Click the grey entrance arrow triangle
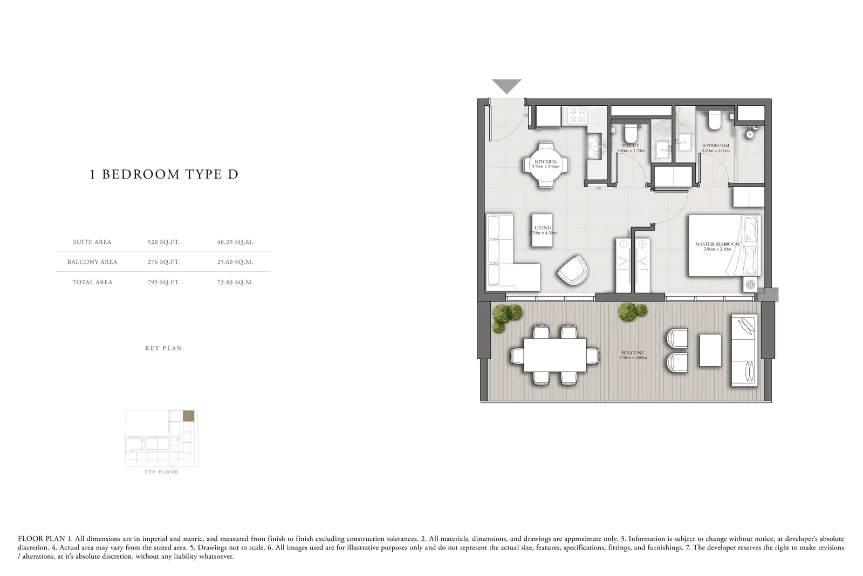click(506, 86)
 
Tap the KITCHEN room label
click(545, 162)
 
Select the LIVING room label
click(543, 228)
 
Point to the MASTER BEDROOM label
click(717, 244)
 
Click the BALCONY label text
click(633, 353)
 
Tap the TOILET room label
click(631, 146)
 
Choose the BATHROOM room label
click(716, 146)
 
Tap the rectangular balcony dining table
click(555, 355)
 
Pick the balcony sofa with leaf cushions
click(744, 350)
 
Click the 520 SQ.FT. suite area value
click(164, 242)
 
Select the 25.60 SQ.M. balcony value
click(235, 262)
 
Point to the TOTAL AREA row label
click(92, 282)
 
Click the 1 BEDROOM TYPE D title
click(164, 174)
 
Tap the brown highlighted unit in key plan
click(188, 416)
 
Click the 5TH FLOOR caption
click(162, 472)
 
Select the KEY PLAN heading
click(164, 348)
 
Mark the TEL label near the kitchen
click(599, 189)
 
